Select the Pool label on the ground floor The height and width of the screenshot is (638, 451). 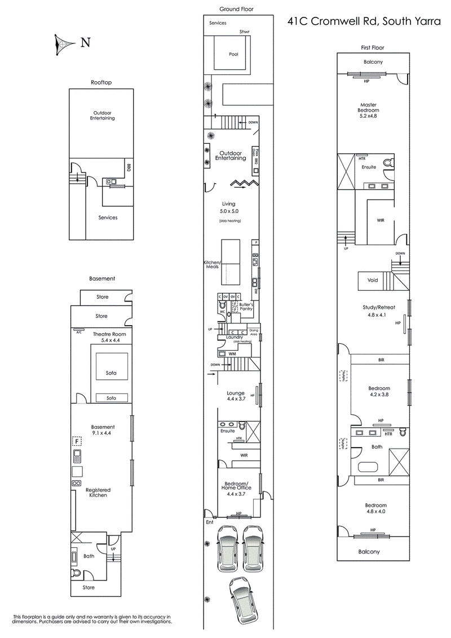tap(233, 55)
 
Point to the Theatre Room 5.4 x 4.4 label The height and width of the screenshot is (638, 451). tap(101, 337)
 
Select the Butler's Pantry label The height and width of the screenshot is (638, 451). tap(246, 307)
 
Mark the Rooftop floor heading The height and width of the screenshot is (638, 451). tap(101, 82)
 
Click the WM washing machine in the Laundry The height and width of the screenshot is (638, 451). tap(231, 353)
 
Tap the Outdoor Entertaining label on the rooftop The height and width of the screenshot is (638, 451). tap(103, 115)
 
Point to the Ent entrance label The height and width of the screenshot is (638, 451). tap(210, 522)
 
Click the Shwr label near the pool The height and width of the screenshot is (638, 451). tap(244, 32)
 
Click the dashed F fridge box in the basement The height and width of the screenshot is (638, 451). tap(76, 441)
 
